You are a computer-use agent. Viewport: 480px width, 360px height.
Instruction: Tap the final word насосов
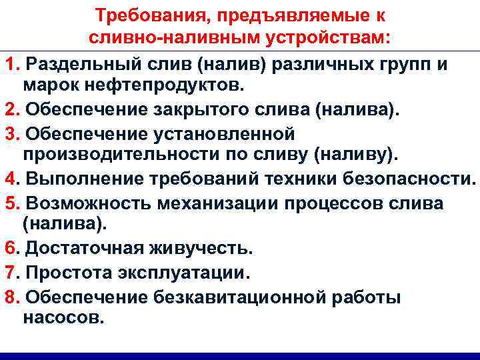[x=63, y=317]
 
